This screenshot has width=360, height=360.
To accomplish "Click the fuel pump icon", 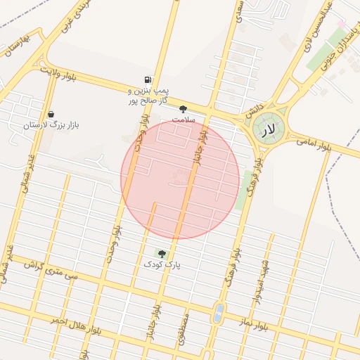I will [x=147, y=80].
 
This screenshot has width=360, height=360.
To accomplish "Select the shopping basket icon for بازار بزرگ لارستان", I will [x=51, y=114].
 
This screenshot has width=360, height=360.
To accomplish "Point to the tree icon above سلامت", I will [x=184, y=109].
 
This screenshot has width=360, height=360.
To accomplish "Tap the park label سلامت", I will [x=183, y=120].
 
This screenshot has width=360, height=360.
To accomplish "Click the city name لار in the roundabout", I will [x=268, y=130].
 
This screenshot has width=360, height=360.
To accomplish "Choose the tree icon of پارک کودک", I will [x=162, y=253].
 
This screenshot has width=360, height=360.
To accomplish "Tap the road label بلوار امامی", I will [x=314, y=145].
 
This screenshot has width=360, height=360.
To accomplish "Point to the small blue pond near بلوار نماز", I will [x=219, y=311].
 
